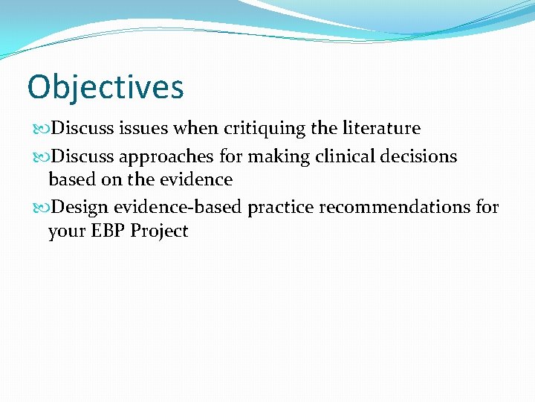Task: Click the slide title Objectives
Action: pos(105,86)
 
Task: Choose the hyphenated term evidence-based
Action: pos(178,207)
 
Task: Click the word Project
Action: pos(159,232)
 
